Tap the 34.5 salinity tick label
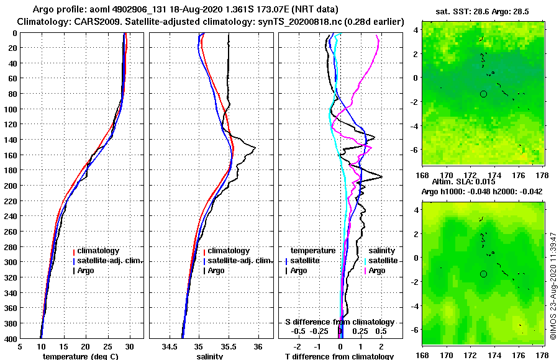[170, 348]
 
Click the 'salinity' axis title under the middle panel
[209, 356]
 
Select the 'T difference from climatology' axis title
[339, 356]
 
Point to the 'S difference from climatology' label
[340, 322]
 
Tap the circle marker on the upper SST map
[483, 94]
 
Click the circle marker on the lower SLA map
[483, 274]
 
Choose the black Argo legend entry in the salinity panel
[216, 271]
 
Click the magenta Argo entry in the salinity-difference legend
[376, 271]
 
